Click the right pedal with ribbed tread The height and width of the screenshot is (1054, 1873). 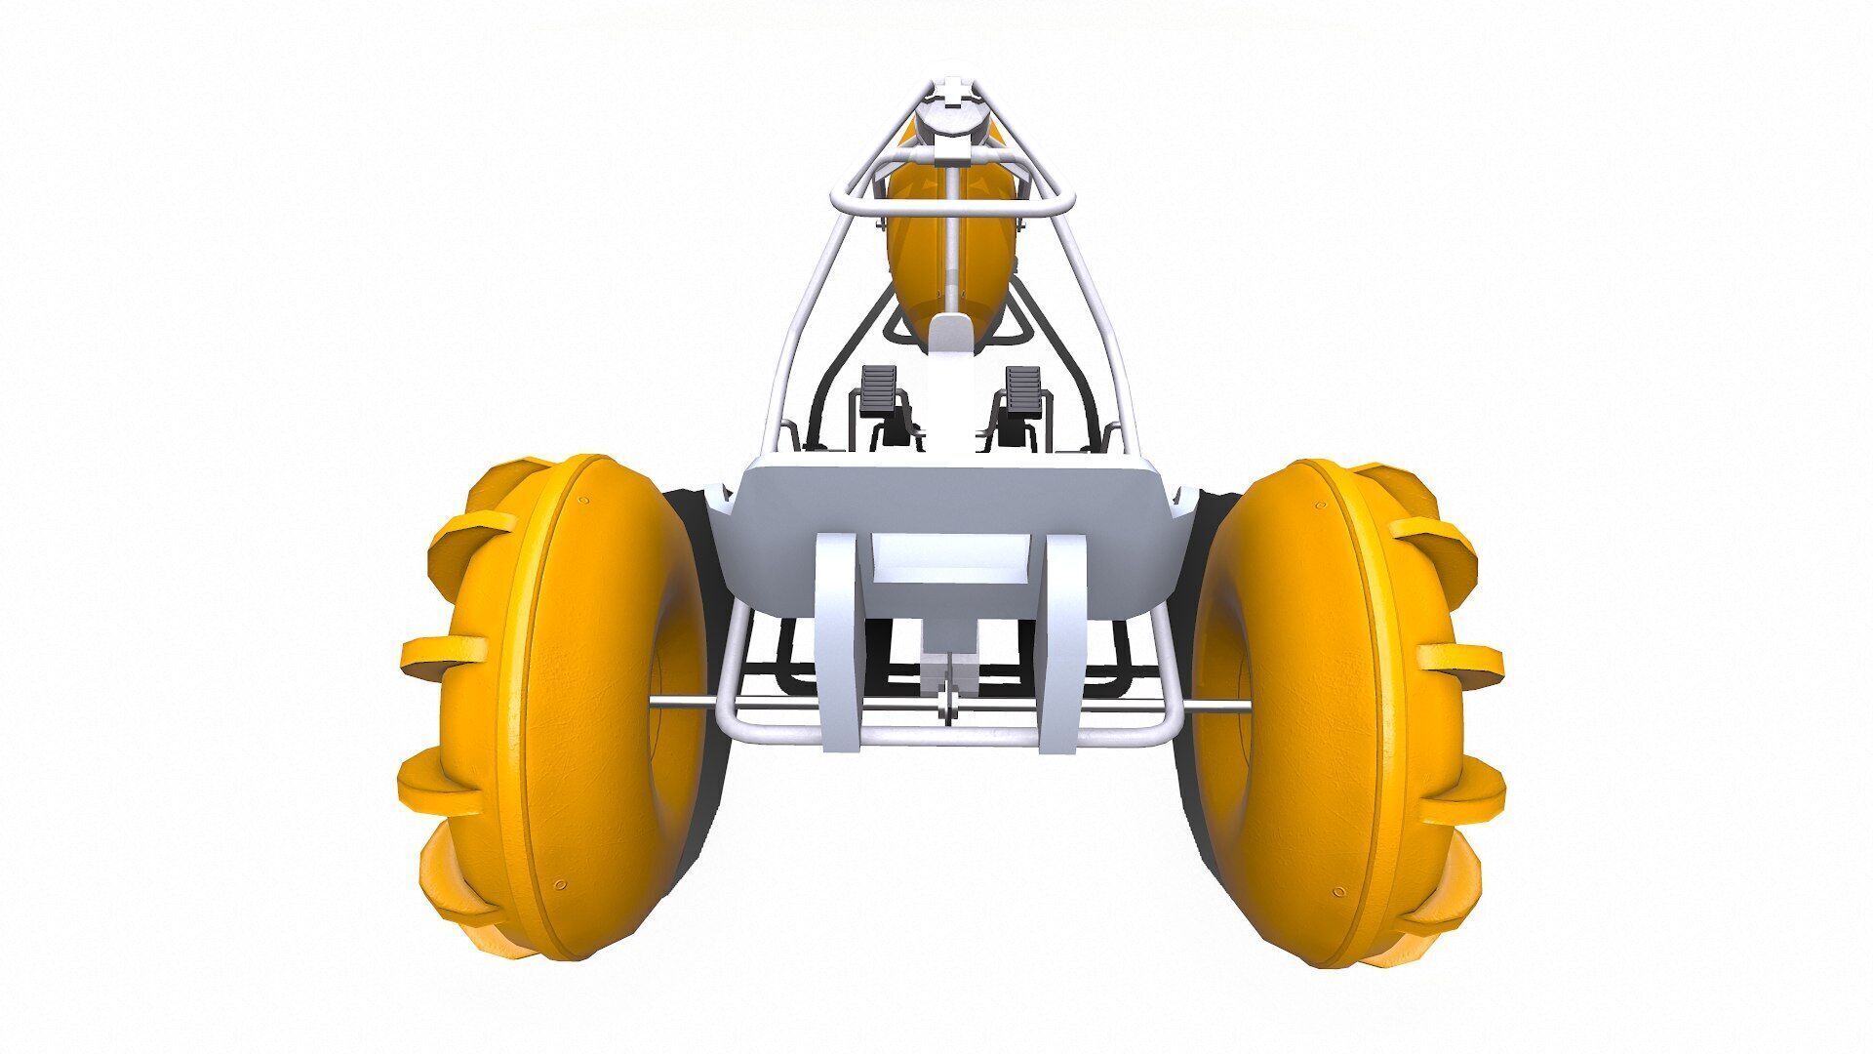pos(1024,381)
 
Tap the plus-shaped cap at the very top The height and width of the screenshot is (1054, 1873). pos(951,95)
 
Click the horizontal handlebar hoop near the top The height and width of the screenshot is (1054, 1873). pos(951,202)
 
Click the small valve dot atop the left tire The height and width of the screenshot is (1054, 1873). pos(582,501)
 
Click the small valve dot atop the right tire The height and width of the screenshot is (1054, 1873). pos(1319,506)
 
